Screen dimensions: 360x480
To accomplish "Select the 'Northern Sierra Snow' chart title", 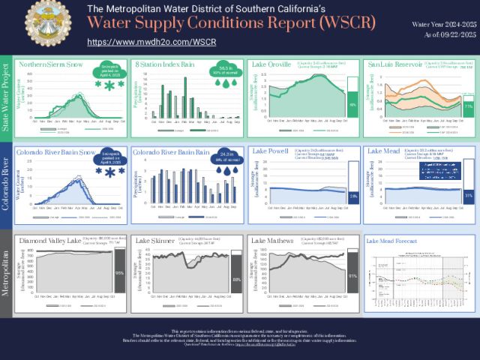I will coord(51,64).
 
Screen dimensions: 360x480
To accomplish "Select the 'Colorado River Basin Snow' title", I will coord(55,152).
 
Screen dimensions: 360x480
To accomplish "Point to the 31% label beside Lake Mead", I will coord(468,195).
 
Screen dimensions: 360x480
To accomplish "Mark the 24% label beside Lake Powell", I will coord(352,196).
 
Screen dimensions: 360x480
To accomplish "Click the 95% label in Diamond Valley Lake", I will coord(118,273).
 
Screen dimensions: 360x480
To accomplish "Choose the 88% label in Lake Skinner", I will coord(237,279).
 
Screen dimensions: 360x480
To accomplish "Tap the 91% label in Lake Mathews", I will coord(352,275).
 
